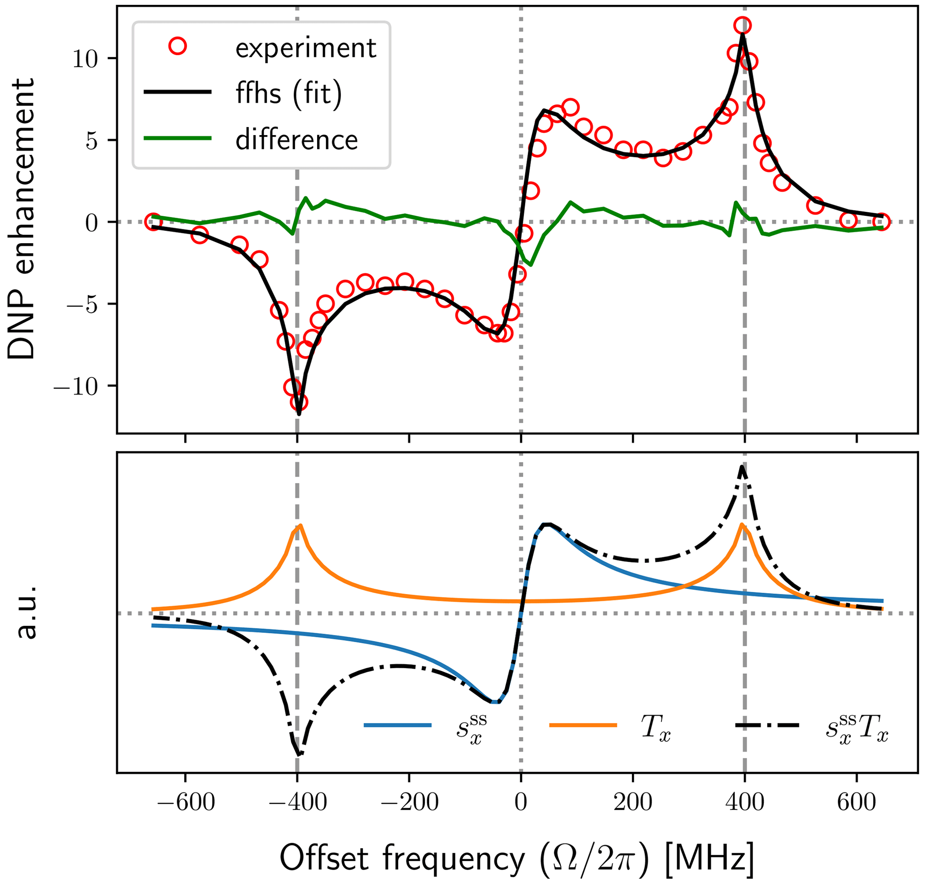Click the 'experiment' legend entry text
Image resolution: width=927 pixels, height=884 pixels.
306,48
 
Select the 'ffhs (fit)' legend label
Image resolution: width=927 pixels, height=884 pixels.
289,93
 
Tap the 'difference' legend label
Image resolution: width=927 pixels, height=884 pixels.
297,140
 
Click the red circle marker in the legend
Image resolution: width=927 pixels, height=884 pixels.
178,46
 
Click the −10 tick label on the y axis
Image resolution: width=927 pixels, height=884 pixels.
75,387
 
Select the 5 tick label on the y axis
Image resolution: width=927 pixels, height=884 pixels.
91,141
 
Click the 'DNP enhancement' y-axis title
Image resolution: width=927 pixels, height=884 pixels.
22,219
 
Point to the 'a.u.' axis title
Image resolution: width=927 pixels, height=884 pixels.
26,613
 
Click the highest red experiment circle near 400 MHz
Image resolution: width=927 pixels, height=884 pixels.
742,26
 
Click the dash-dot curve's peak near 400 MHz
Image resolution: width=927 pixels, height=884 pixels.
742,467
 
